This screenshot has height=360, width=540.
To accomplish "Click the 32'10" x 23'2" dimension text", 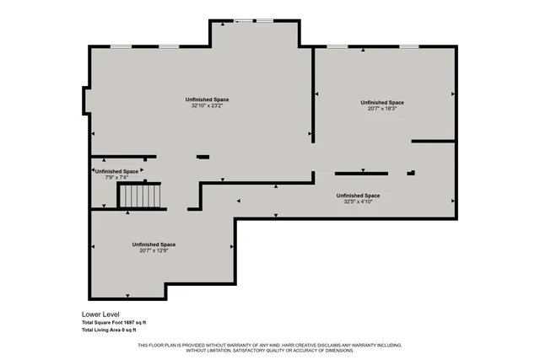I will [x=207, y=106].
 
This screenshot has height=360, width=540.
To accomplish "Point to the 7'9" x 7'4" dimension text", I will [x=116, y=177].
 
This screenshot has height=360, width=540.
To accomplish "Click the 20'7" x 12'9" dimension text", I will [x=154, y=250].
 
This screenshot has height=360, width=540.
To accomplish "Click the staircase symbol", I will [x=139, y=196].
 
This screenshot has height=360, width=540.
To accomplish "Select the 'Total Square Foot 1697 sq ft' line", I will [x=114, y=322].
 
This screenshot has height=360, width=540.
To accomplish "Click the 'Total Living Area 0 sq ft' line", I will [x=111, y=330].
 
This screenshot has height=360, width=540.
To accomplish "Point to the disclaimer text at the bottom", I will [x=269, y=347].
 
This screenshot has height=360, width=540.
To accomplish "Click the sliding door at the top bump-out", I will [x=254, y=20].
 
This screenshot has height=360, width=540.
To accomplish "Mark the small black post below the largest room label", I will [x=202, y=156].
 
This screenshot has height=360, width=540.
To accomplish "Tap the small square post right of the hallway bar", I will [x=411, y=173].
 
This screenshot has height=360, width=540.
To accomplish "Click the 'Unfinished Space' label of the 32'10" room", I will [x=207, y=99].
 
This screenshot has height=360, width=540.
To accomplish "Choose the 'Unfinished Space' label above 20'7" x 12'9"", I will [x=154, y=244].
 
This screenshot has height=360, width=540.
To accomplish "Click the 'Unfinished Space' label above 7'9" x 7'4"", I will [x=116, y=171].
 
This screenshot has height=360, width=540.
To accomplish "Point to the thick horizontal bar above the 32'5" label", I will [x=361, y=173].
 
